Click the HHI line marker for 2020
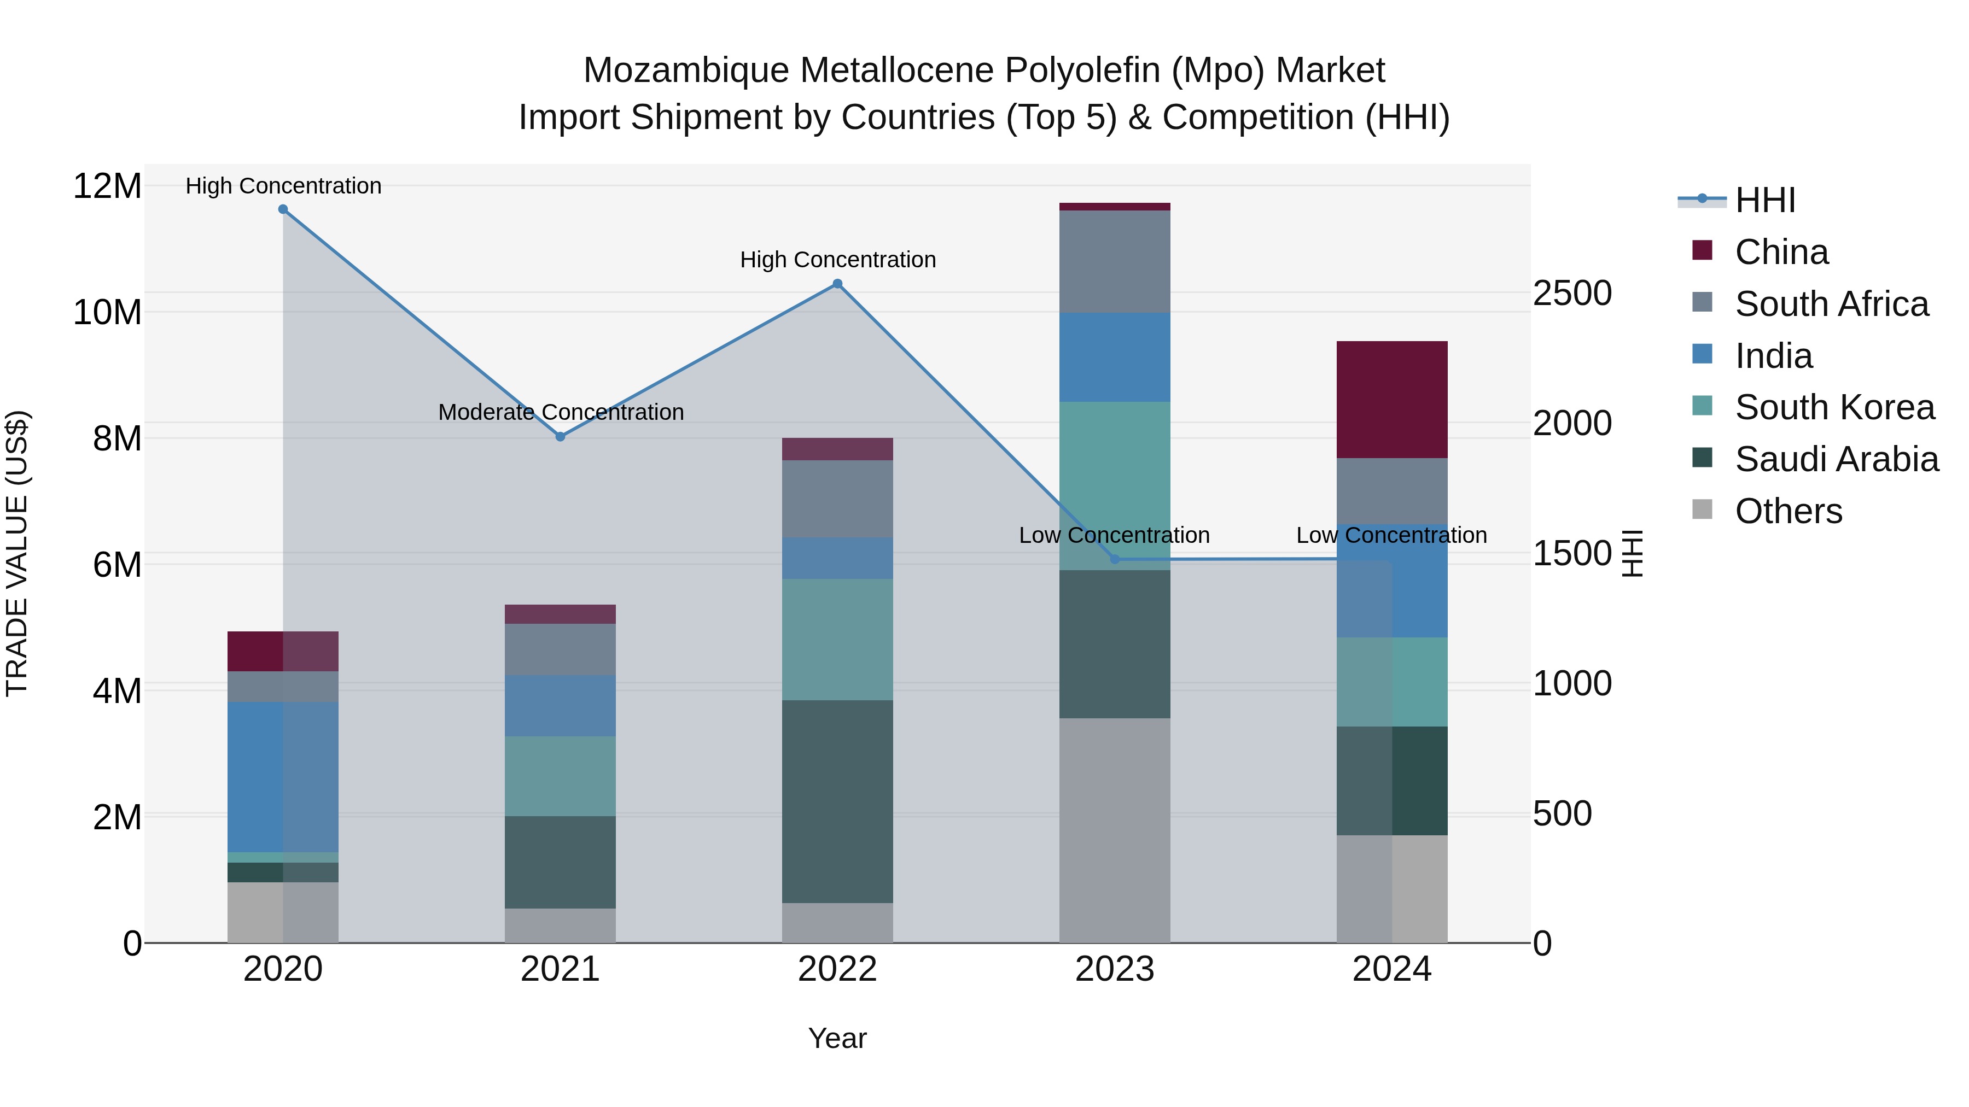point(283,209)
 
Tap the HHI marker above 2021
point(560,437)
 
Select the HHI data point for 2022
point(838,284)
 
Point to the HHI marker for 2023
point(1115,559)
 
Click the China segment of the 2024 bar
point(1392,400)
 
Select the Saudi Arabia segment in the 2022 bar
point(838,801)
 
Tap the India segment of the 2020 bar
point(283,776)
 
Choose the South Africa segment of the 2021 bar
point(560,649)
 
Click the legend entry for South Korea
point(1834,407)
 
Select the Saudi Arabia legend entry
point(1836,459)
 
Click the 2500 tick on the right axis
point(1572,294)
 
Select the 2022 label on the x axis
point(838,969)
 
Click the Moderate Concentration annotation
point(560,413)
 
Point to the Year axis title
point(838,1038)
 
